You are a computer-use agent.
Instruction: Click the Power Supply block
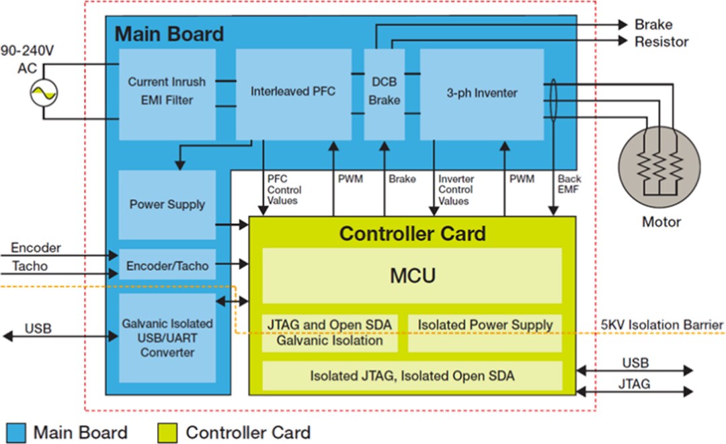[167, 205]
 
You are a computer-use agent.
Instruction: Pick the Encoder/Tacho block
[167, 266]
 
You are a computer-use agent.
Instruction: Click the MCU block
[411, 276]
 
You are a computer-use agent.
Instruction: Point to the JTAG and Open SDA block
[329, 332]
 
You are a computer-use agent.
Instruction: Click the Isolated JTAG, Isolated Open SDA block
[411, 376]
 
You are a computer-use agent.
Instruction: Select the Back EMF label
[569, 184]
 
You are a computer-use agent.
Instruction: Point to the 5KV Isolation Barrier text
[661, 325]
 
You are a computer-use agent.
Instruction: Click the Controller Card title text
[411, 233]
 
